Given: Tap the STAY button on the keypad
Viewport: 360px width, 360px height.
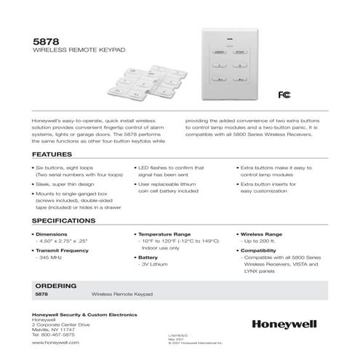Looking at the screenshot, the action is click(240, 53).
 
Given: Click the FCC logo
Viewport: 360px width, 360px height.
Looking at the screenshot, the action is click(283, 94).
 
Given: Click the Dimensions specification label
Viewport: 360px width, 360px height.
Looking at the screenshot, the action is click(52, 234).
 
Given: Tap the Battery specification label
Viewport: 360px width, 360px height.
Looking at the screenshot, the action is click(148, 257).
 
